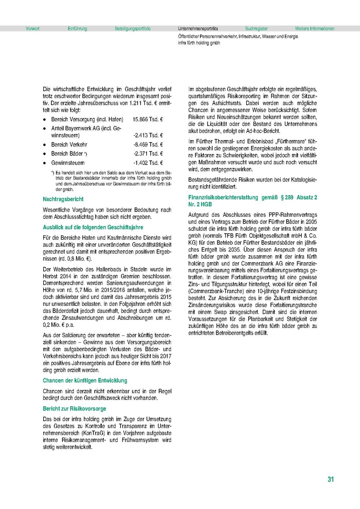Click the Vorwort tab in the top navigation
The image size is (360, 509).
coord(33,29)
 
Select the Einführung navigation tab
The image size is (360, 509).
coord(77,29)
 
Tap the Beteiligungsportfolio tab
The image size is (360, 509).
coord(132,29)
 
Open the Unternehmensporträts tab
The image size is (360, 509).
coord(198,29)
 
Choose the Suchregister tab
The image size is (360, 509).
coord(256,29)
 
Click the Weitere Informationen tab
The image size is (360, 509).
coord(315,29)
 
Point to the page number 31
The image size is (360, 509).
coord(331,479)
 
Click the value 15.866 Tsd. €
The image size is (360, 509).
coord(148,120)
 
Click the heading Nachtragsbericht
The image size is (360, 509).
coord(63,199)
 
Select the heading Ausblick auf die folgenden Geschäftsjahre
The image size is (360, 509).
coord(93,227)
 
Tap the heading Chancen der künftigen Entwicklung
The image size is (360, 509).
coord(85,380)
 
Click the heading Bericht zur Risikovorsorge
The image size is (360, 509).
coord(74,408)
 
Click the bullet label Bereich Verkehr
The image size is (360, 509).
coord(69,145)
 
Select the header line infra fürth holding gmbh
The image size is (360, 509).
coord(199,43)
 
